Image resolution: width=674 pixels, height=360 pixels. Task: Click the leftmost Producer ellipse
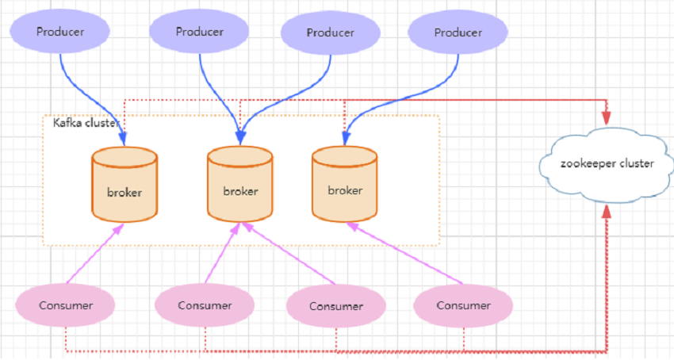[x=60, y=32]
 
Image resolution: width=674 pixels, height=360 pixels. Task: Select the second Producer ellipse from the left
[x=200, y=32]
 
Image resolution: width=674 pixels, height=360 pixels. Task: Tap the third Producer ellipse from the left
[x=331, y=33]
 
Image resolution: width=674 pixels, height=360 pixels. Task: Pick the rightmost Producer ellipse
[x=458, y=33]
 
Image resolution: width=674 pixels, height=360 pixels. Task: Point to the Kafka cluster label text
[x=86, y=123]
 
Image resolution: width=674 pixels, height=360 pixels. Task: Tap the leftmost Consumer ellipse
[x=66, y=304]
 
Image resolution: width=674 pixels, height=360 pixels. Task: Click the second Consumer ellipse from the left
[x=205, y=305]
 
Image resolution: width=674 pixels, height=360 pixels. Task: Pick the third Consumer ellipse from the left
[x=336, y=306]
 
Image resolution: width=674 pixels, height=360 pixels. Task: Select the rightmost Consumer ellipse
[x=463, y=305]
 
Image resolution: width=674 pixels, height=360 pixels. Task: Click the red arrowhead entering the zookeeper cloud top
[x=607, y=117]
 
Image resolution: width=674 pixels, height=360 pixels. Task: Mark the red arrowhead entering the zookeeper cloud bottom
[x=607, y=212]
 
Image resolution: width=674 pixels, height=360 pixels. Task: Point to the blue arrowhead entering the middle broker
[x=240, y=137]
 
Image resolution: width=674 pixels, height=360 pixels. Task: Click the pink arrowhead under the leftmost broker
[x=121, y=228]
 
